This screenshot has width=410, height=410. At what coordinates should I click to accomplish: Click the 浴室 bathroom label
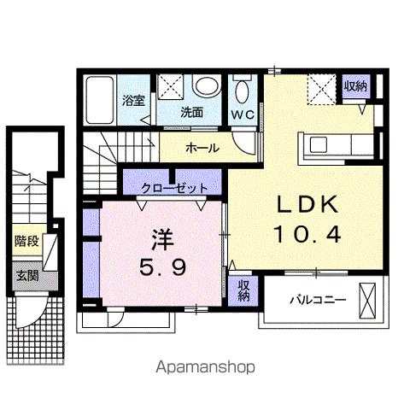(132, 100)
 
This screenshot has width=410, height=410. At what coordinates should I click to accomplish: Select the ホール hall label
(203, 148)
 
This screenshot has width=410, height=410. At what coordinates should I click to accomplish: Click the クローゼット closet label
(169, 182)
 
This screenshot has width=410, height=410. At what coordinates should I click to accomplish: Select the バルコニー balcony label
(316, 300)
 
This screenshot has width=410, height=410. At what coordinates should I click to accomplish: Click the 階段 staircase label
(26, 242)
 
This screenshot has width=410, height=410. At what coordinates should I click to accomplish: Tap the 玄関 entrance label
(26, 275)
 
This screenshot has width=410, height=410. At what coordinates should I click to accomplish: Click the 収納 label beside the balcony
(243, 290)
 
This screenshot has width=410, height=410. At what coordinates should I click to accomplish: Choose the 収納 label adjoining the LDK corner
(355, 86)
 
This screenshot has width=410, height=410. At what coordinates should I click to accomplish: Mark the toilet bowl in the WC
(242, 89)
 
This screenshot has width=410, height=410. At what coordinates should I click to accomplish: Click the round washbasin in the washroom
(206, 86)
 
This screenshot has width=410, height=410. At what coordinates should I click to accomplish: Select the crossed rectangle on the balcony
(369, 301)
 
